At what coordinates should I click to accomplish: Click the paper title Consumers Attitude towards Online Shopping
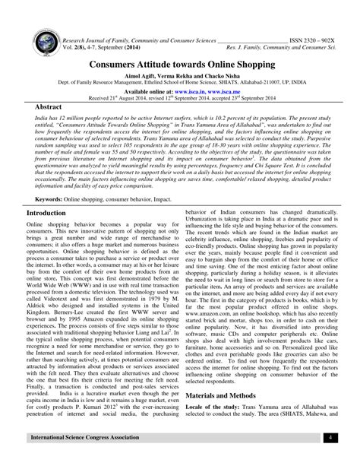[x=180, y=66]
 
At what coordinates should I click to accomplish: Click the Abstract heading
[x=48, y=109]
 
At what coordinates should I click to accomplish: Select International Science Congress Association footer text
[x=86, y=458]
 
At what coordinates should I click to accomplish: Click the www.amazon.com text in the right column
[x=212, y=311]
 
